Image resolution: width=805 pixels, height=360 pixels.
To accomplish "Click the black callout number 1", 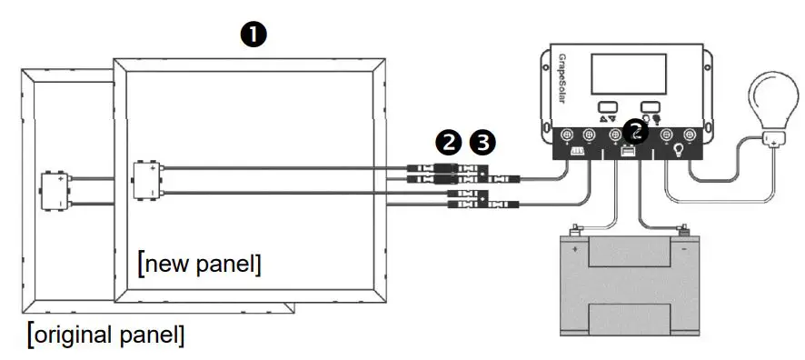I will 253,34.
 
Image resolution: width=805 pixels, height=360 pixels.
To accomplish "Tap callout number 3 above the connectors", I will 484,142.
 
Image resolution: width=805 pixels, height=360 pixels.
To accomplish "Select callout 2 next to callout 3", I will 448,142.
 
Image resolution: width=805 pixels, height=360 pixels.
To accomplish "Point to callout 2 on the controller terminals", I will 638,134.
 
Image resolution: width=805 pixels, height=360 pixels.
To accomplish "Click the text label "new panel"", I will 200,265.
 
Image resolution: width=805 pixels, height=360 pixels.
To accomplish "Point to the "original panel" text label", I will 106,333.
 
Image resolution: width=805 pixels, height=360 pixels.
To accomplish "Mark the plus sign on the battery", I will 573,246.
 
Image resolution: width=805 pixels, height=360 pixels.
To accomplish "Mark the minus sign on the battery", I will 683,246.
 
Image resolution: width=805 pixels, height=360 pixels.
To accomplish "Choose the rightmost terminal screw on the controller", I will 690,136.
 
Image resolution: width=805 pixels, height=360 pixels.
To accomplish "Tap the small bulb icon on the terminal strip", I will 678,152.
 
